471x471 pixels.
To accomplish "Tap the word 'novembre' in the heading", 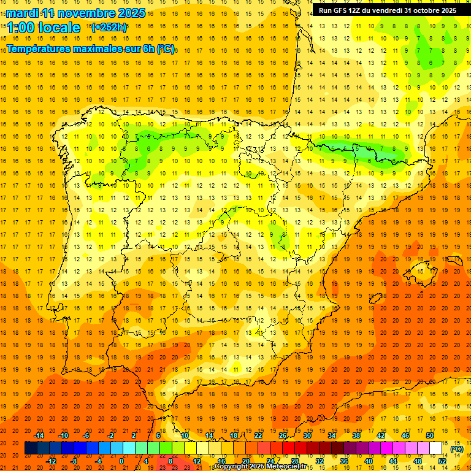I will pos(85,13).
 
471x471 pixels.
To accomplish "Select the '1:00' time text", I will pos(20,28).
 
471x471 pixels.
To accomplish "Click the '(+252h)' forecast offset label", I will pos(109,28).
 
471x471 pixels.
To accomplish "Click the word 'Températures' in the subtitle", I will pos(37,48).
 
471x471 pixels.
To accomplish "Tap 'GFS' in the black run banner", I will pos(340,10).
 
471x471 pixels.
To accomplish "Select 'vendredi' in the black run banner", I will pos(385,10).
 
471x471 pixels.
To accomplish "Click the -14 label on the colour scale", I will pos(39,435).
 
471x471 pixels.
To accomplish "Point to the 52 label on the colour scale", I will pos(443,461).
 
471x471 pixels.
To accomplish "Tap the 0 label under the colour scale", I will pos(121,461).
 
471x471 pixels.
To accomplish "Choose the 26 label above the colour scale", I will pos(283,435).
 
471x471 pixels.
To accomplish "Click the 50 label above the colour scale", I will pos(430,435).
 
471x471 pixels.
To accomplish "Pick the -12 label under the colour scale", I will pos(51,461).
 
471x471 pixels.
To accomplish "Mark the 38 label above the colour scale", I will pos(356,435).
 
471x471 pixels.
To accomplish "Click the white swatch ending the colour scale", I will pos(436,448).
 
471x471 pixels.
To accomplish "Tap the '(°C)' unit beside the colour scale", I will pos(456,449).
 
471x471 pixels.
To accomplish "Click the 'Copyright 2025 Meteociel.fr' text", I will pos(260,467).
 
